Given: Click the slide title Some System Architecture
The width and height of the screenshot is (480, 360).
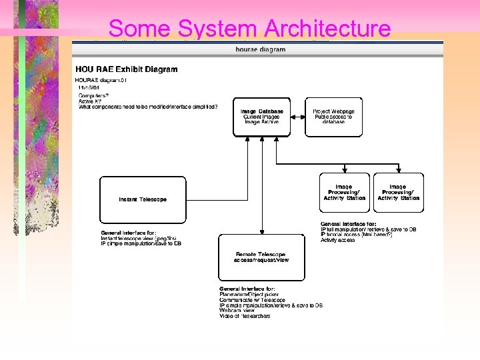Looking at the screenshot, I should [x=249, y=29].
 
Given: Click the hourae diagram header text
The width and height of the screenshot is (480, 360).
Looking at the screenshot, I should [x=260, y=49].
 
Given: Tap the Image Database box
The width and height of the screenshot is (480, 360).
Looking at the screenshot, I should [x=261, y=117].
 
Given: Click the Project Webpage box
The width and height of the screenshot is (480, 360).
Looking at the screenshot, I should [x=333, y=117].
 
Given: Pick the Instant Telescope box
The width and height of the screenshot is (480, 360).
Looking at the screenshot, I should [x=143, y=199].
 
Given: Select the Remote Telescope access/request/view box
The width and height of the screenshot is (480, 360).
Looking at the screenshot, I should [x=261, y=257].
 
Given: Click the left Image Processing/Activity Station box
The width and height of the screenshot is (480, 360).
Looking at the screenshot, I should [x=344, y=193].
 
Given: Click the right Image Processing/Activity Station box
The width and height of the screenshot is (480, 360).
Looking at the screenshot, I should [x=398, y=193].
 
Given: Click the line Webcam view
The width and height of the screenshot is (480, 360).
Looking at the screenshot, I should [x=237, y=311].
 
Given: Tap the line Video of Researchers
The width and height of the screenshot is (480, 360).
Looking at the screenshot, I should [x=245, y=316].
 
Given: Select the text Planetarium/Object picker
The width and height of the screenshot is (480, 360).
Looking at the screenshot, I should [x=249, y=294].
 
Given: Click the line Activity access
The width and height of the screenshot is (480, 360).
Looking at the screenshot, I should [x=338, y=240].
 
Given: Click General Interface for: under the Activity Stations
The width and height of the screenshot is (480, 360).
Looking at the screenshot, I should [x=348, y=224].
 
